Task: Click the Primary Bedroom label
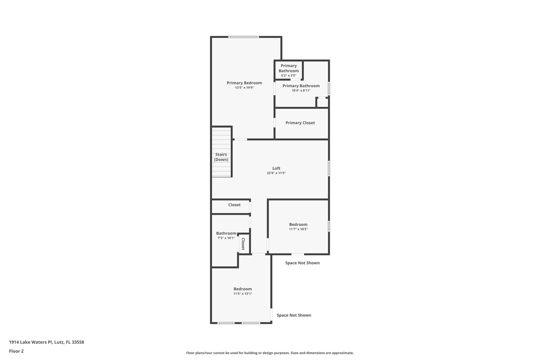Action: coord(244,83)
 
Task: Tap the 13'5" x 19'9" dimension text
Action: coord(244,88)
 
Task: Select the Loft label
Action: coord(276,168)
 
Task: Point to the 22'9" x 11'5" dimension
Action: coord(276,173)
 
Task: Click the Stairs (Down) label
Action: coord(221,157)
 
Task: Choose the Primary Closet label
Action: coord(300,123)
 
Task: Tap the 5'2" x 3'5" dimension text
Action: coord(288,76)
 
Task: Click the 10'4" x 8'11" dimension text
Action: coord(301,91)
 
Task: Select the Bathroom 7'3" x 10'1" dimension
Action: coord(226,238)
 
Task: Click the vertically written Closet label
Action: coord(243,244)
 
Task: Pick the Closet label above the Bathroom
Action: coord(234,205)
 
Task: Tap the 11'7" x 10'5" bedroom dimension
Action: coord(298,229)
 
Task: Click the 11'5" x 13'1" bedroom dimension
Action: coord(243,294)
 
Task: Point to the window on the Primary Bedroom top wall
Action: coord(243,37)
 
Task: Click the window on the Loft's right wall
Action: coord(329,168)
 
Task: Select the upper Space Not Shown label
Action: coord(302,263)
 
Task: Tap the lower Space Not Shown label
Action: coord(294,315)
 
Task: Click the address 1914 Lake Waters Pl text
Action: coord(46,342)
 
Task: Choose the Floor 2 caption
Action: coord(16,351)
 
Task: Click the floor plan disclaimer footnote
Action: coord(270,353)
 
